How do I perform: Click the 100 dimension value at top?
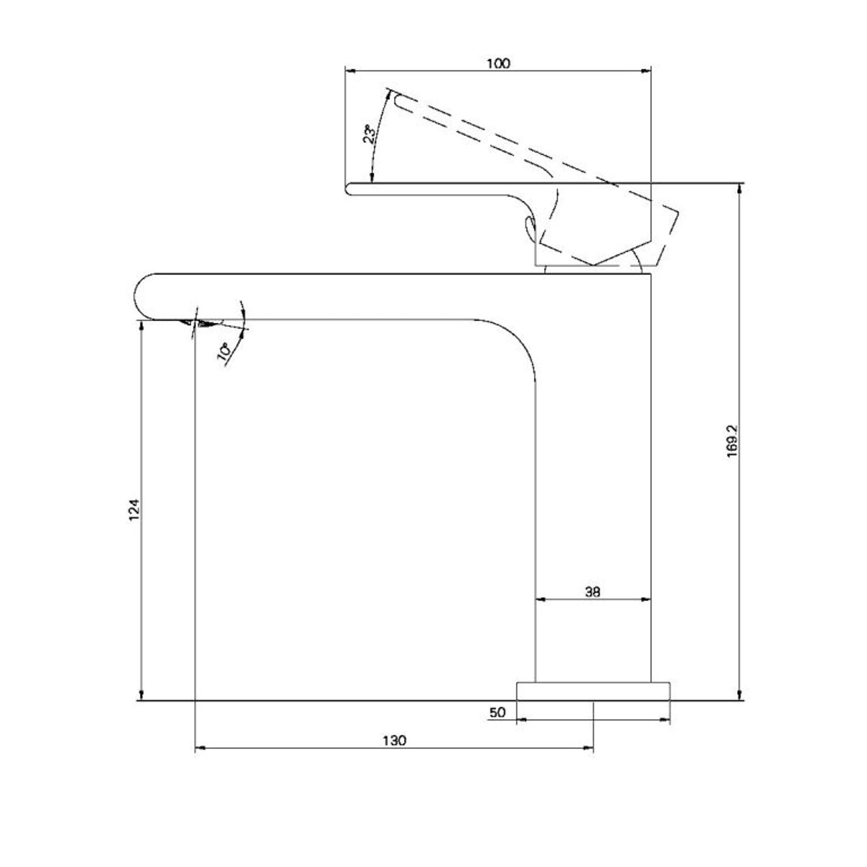pyautogui.click(x=498, y=63)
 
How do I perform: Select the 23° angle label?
pyautogui.click(x=370, y=134)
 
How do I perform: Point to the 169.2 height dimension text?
pyautogui.click(x=732, y=441)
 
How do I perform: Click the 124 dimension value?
pyautogui.click(x=134, y=510)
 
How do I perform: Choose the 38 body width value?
pyautogui.click(x=592, y=591)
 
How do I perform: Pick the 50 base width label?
pyautogui.click(x=497, y=712)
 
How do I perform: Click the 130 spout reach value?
pyautogui.click(x=394, y=740)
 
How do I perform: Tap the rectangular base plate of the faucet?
pyautogui.click(x=593, y=691)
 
